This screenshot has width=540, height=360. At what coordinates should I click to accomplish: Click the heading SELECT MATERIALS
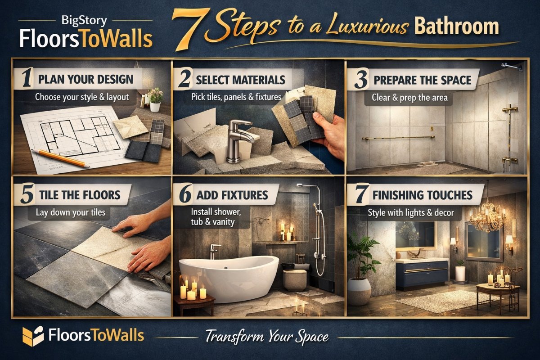tap(240, 80)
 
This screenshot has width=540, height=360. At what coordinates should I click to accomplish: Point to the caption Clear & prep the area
tap(409, 97)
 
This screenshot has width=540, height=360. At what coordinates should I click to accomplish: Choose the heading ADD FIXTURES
tap(232, 195)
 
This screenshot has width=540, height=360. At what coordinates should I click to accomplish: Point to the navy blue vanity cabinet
tap(422, 275)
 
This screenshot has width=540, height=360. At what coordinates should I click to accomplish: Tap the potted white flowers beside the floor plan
tap(155, 99)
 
